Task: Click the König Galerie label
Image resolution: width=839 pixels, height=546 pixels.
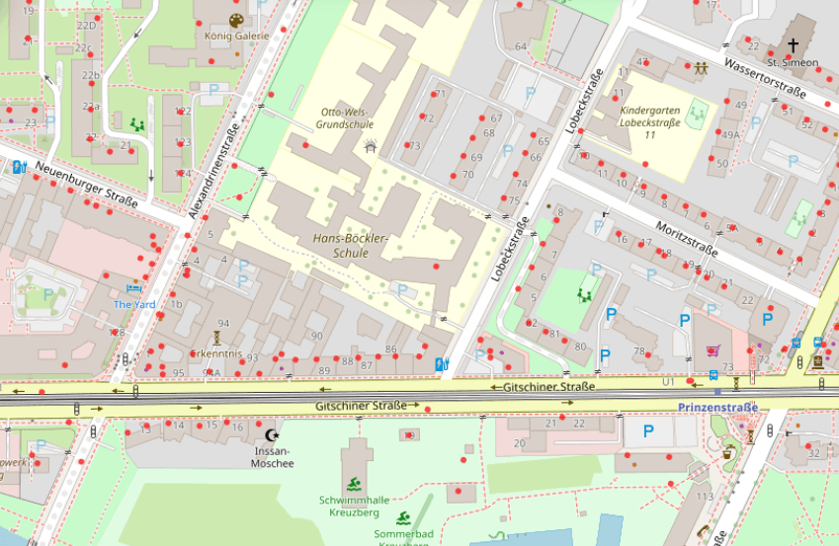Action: click(x=236, y=36)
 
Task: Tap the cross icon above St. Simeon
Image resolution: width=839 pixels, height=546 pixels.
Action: click(x=793, y=45)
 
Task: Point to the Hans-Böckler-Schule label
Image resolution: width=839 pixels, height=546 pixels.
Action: click(x=353, y=246)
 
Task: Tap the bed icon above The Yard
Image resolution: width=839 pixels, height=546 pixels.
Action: click(x=134, y=288)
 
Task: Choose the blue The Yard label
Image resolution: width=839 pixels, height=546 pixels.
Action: click(x=134, y=304)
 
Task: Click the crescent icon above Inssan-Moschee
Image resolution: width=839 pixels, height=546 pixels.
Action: click(x=273, y=434)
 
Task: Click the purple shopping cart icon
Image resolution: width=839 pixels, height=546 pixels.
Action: click(x=713, y=350)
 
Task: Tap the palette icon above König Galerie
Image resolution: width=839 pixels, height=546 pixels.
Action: click(x=235, y=20)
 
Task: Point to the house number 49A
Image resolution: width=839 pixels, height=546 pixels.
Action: click(x=730, y=135)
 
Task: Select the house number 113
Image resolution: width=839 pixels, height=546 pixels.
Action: click(x=705, y=496)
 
